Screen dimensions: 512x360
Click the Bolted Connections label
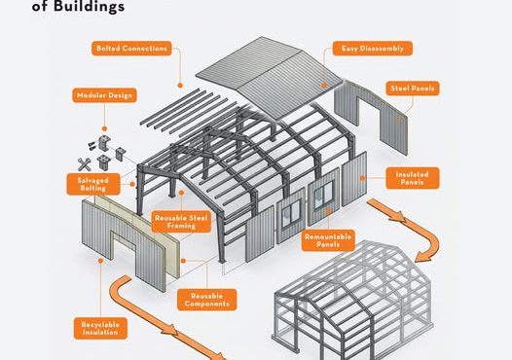(x=131, y=49)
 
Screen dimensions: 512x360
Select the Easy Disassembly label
(x=373, y=49)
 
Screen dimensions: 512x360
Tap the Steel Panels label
(x=413, y=89)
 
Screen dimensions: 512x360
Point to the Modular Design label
(x=104, y=95)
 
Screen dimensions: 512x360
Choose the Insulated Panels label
(x=413, y=178)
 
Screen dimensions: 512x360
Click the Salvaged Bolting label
(x=93, y=185)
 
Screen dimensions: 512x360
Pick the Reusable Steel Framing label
(x=181, y=222)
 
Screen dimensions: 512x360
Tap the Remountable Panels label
(x=328, y=240)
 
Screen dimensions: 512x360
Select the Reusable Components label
(x=207, y=300)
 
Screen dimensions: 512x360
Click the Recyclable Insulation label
(x=100, y=328)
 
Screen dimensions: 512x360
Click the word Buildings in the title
(x=89, y=7)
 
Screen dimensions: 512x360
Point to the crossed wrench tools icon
(x=85, y=164)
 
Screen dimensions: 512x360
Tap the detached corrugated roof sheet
(x=270, y=77)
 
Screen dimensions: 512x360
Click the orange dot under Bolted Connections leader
(x=180, y=86)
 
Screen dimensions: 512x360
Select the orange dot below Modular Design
(x=104, y=128)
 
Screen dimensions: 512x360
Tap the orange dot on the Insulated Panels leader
(x=362, y=178)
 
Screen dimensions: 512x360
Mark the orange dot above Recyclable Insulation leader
(x=100, y=261)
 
